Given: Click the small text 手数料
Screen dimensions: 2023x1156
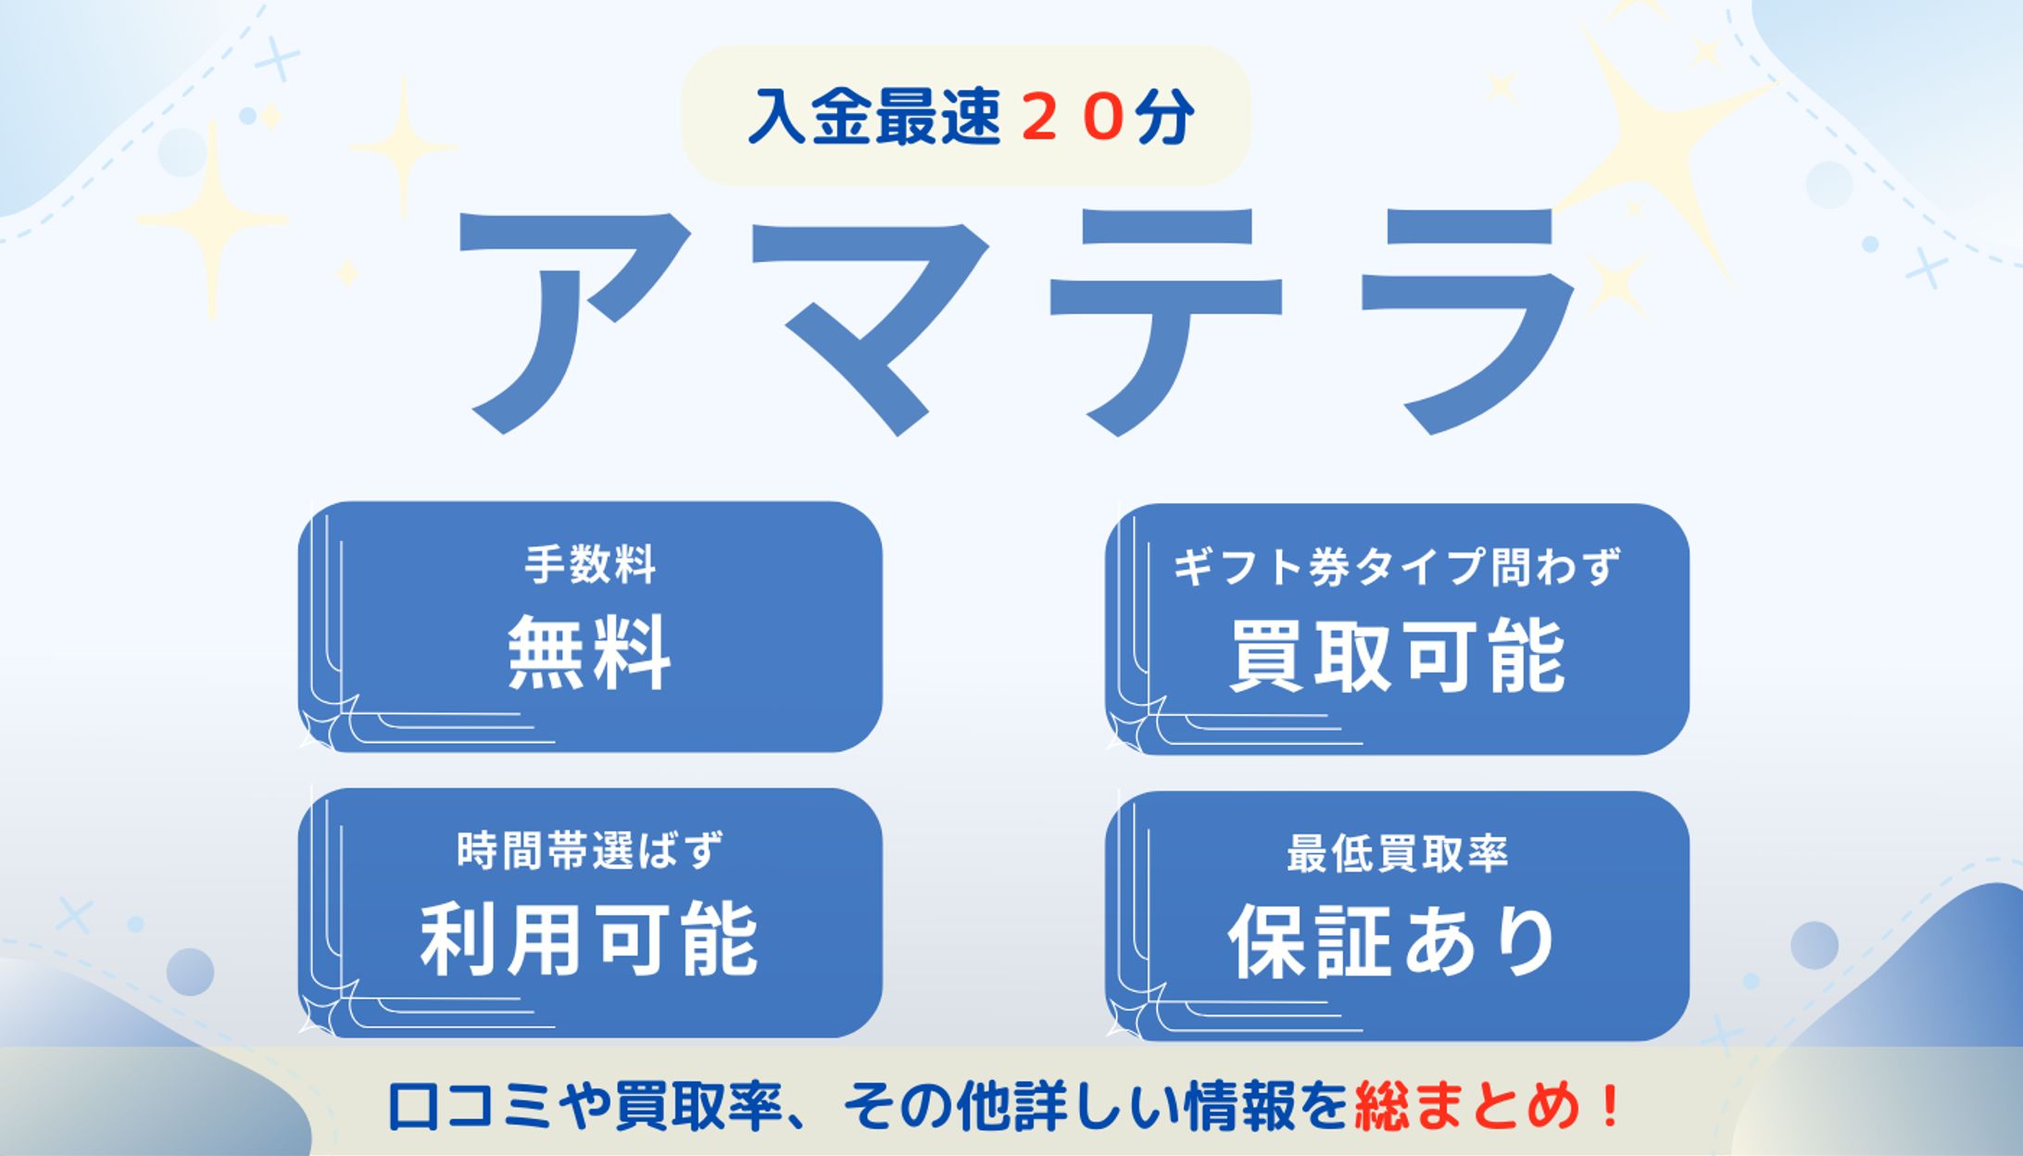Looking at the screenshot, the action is (x=590, y=564).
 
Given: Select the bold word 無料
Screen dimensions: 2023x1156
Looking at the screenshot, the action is (x=589, y=652).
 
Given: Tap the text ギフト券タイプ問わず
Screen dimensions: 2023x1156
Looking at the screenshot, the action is (x=1397, y=567).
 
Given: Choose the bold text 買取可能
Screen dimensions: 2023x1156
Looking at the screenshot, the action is (x=1397, y=656).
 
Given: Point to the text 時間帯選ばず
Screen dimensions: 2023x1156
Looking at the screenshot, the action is (x=590, y=850).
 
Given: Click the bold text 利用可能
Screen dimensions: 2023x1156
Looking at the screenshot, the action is (x=590, y=939).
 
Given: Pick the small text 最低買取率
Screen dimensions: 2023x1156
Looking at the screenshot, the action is (x=1397, y=853).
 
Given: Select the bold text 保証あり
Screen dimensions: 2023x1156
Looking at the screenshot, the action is (x=1392, y=942).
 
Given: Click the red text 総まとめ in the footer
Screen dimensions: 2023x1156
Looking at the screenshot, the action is (x=1467, y=1105).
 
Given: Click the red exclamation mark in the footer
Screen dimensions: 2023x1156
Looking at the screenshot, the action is (x=1610, y=1105).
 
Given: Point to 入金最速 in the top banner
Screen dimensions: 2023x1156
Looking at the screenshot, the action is (x=874, y=118).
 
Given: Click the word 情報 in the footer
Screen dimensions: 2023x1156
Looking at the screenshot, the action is (x=1239, y=1105).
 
